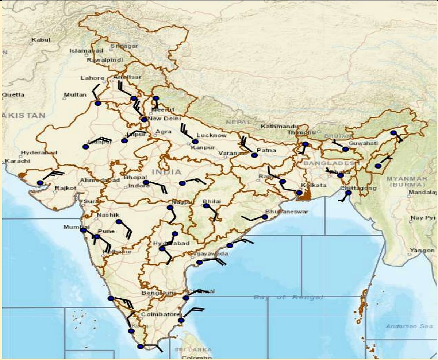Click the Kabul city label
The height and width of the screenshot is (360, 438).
(x=41, y=40)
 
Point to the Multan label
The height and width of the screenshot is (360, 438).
(x=75, y=95)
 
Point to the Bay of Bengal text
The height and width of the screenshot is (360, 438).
(x=288, y=298)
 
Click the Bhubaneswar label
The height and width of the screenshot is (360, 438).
(x=287, y=212)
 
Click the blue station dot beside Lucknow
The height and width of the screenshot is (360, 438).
(x=195, y=142)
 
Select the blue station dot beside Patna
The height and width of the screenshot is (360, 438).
(x=254, y=155)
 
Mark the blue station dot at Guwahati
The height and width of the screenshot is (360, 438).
(x=345, y=149)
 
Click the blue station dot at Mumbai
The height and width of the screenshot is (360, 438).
(x=83, y=230)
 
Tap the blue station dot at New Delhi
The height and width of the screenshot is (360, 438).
(x=144, y=120)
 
